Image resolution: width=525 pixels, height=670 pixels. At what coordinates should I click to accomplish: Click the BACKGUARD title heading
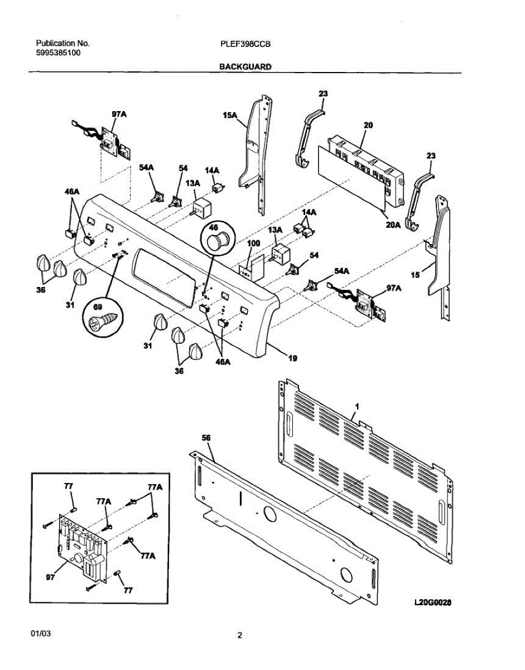coord(245,66)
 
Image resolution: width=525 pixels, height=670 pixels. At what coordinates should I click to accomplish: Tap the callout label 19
coord(292,359)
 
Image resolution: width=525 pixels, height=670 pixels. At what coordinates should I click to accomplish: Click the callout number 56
coord(206,439)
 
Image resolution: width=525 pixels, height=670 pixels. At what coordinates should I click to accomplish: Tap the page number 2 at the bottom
coord(240,635)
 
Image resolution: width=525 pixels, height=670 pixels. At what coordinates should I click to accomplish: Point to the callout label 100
coord(253,244)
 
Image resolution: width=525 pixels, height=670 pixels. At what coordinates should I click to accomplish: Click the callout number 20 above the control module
coord(368,126)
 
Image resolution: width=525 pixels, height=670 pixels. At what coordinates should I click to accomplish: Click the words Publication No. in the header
coord(62,43)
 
